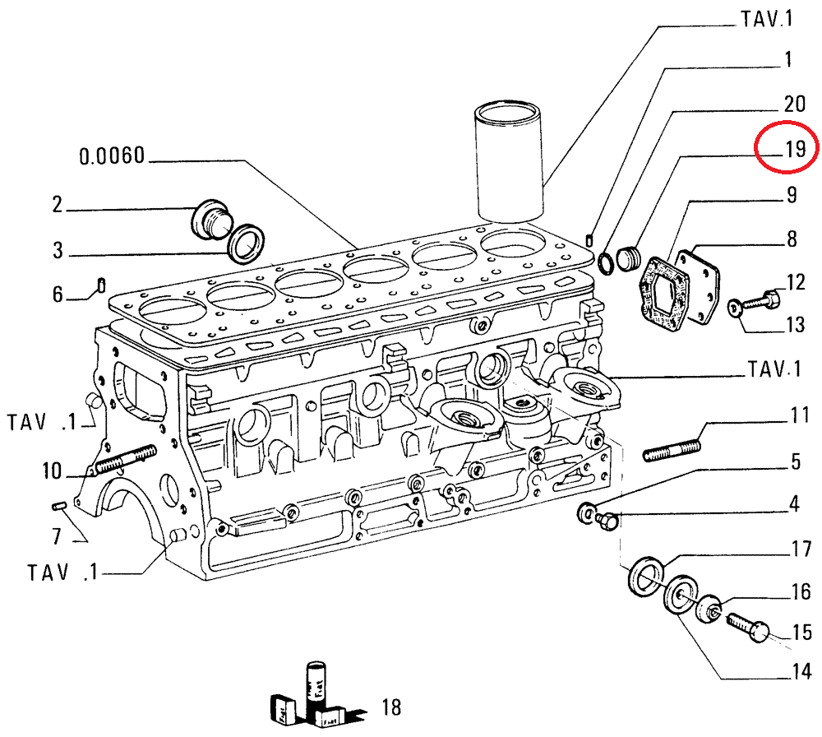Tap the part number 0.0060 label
[x=113, y=155]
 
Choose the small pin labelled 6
[x=99, y=285]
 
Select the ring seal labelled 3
[x=248, y=243]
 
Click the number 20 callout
[x=793, y=104]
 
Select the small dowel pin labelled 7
[x=59, y=504]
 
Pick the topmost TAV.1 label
[x=768, y=19]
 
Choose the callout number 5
[x=795, y=461]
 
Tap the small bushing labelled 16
[x=711, y=611]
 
